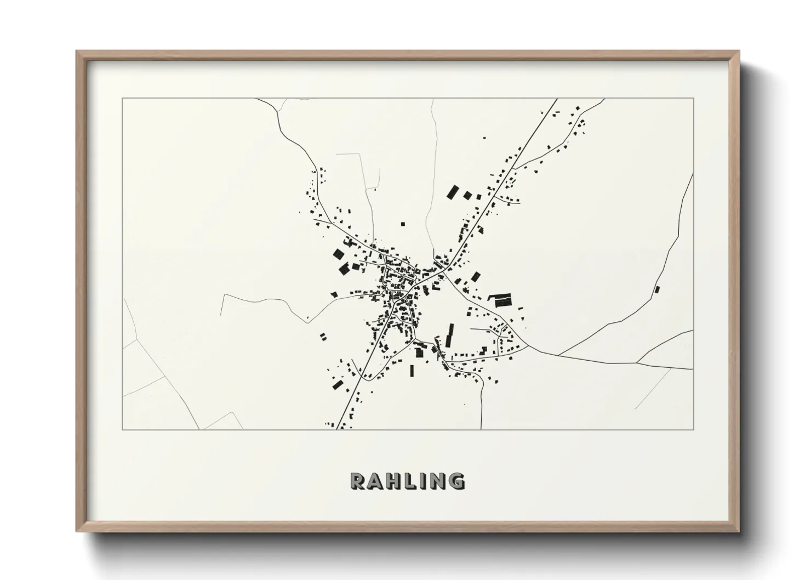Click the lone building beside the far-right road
pyautogui.click(x=658, y=289)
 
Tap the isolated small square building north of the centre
pyautogui.click(x=403, y=224)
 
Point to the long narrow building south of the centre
pyautogui.click(x=450, y=335)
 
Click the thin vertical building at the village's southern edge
pyautogui.click(x=412, y=371)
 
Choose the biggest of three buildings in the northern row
pyautogui.click(x=453, y=192)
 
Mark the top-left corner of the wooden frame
pyautogui.click(x=77, y=52)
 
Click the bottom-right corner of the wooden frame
pyautogui.click(x=739, y=532)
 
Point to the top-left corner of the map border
pyautogui.click(x=123, y=99)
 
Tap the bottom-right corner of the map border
pyautogui.click(x=693, y=429)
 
